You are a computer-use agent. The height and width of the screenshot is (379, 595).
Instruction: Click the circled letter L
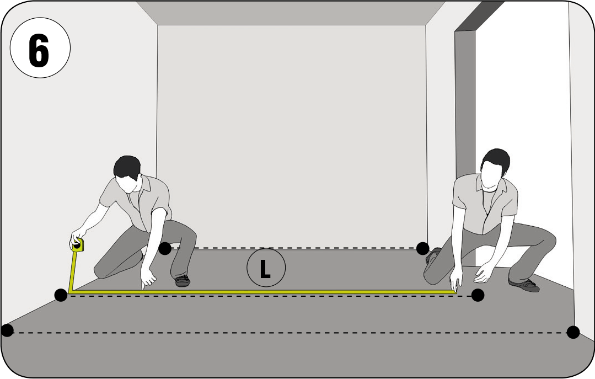[266, 268]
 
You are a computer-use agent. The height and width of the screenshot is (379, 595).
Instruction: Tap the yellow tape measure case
[78, 245]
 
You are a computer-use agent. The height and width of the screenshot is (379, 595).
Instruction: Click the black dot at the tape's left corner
[61, 295]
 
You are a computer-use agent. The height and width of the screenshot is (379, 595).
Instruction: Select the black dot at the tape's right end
[478, 295]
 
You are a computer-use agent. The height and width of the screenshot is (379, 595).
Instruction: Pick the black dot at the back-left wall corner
[165, 249]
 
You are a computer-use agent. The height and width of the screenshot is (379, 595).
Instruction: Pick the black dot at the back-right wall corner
[422, 249]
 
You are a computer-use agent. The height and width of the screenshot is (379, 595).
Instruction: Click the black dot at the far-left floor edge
[7, 330]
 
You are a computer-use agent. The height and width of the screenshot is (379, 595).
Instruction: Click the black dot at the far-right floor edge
[573, 332]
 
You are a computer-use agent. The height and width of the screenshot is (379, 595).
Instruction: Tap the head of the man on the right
[495, 167]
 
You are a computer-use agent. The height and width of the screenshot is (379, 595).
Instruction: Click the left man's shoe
[183, 281]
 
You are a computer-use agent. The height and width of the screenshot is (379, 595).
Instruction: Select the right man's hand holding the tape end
[455, 281]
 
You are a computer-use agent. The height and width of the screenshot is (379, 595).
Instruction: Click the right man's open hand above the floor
[484, 273]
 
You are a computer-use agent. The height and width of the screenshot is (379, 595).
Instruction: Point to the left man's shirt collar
[141, 185]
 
